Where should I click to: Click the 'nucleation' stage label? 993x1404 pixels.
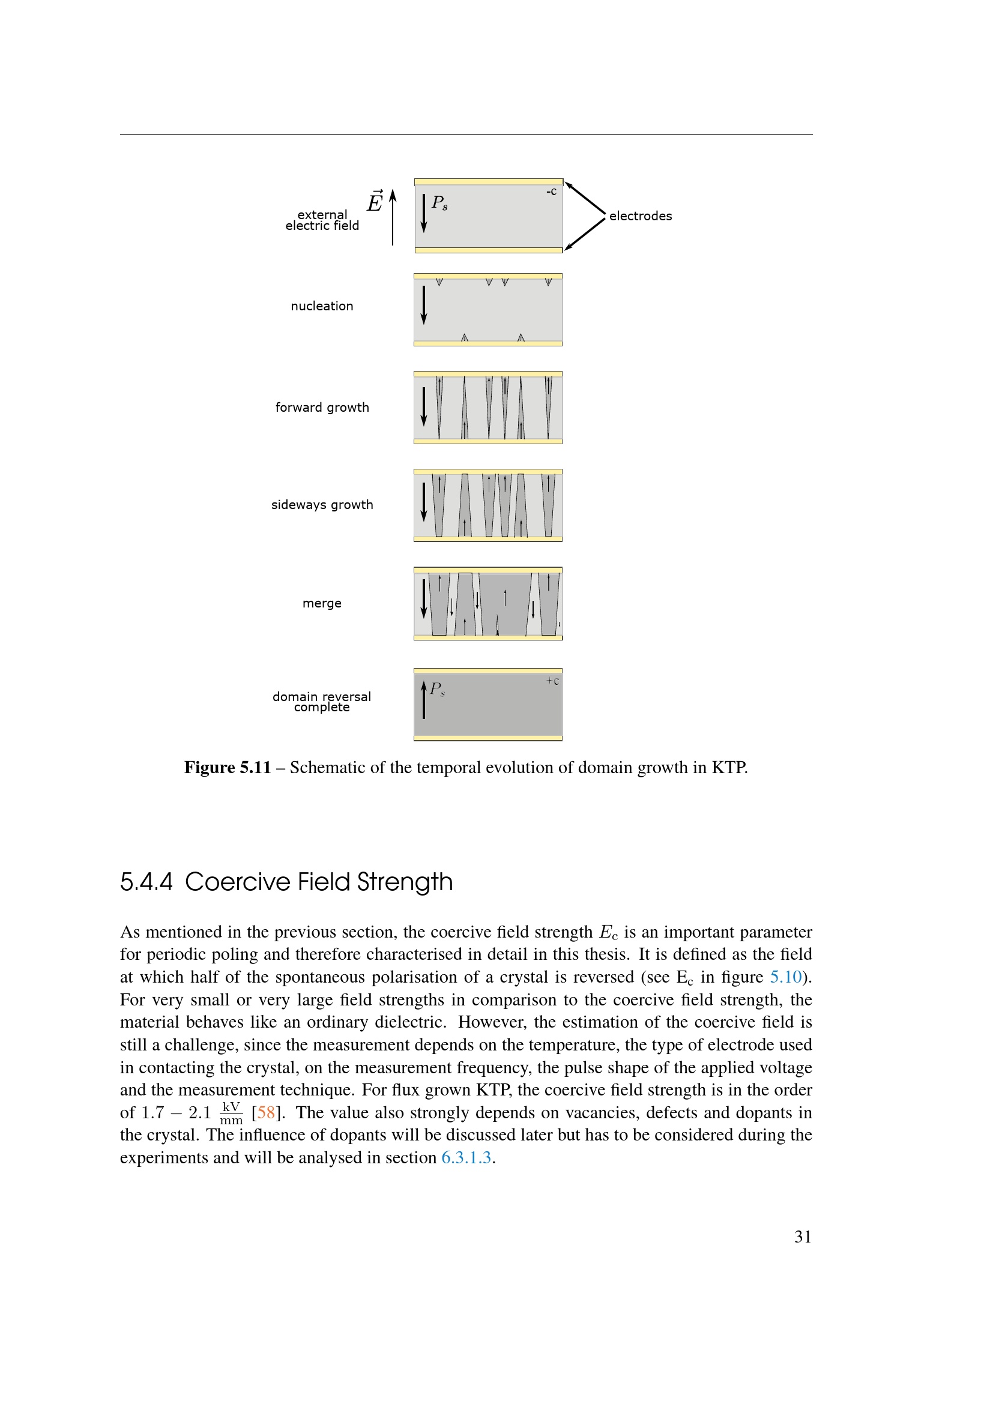(x=322, y=306)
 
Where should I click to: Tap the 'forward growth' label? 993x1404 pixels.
(x=322, y=407)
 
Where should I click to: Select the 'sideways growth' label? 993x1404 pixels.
(x=322, y=504)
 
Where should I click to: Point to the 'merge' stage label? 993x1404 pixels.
(x=322, y=603)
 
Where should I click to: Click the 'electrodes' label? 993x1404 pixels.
(x=640, y=216)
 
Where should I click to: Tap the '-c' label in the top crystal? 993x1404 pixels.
(x=551, y=191)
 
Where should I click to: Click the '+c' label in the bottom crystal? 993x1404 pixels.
(x=552, y=681)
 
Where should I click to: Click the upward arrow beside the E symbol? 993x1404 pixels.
(x=393, y=217)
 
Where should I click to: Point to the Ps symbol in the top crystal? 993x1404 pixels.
(x=439, y=202)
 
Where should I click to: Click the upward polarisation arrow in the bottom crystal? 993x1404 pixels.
(x=423, y=700)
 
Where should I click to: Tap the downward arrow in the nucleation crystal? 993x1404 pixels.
(x=423, y=304)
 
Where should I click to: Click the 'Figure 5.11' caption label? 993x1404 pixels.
(x=228, y=768)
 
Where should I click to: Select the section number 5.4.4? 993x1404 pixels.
(x=146, y=882)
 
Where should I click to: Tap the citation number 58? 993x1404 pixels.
(x=266, y=1112)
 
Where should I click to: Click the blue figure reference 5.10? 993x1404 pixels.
(x=785, y=977)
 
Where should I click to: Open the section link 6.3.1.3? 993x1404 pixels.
(x=466, y=1157)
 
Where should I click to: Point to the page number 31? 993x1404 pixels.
(x=802, y=1237)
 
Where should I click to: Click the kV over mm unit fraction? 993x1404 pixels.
(x=231, y=1113)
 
